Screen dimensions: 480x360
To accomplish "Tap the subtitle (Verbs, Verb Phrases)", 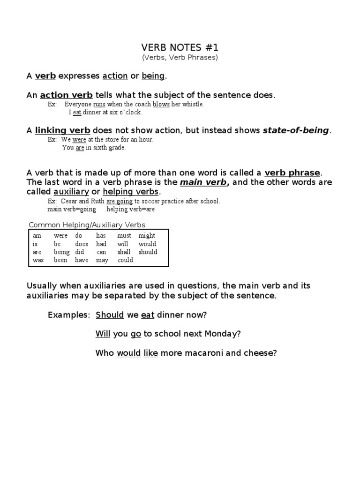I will [x=180, y=58].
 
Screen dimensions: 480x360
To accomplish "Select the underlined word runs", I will [x=99, y=105].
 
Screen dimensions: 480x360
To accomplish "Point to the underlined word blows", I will [x=161, y=105].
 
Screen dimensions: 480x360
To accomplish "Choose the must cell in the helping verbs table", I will [x=124, y=236].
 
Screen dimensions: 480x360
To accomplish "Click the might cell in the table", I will [x=147, y=236].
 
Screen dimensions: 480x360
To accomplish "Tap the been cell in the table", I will [x=60, y=260].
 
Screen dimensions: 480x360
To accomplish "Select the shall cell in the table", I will [x=124, y=252].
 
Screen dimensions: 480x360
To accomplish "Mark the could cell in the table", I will [x=125, y=260].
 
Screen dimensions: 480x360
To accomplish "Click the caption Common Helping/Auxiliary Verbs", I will [x=87, y=225].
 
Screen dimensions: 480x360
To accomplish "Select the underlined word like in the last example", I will [x=150, y=353].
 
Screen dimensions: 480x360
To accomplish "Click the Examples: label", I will [x=68, y=315].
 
